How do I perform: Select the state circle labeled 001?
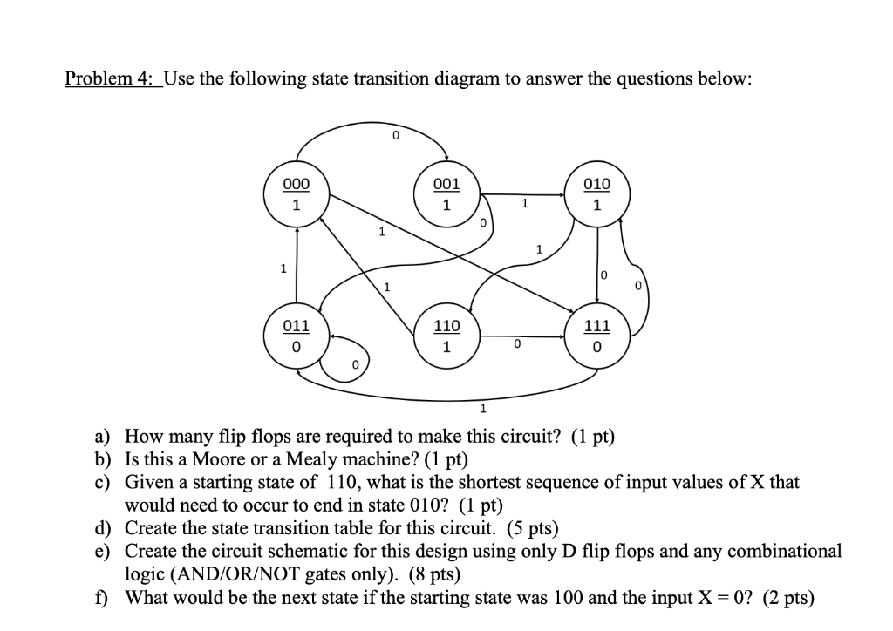click(x=446, y=195)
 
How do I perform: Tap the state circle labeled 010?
click(x=596, y=195)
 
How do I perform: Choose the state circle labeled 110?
click(x=446, y=336)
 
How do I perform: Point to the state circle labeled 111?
click(x=596, y=336)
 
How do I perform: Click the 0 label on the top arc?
click(x=395, y=135)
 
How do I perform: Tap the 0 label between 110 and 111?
click(x=516, y=345)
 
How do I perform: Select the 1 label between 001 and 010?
click(x=524, y=204)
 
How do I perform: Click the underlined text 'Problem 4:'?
click(x=111, y=79)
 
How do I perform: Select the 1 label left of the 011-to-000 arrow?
click(x=282, y=268)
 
